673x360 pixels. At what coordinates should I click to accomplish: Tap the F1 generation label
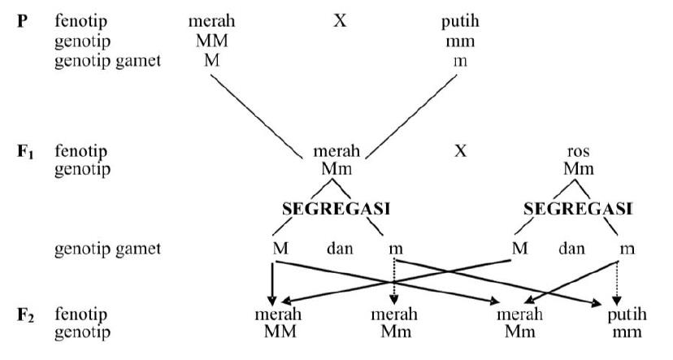coord(26,152)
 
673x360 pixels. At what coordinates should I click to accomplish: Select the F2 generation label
coord(26,314)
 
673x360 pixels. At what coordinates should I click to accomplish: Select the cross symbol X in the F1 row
coord(461,151)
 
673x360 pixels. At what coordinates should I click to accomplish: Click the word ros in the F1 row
coord(578,152)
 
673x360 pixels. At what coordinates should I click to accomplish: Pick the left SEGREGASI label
coord(336,208)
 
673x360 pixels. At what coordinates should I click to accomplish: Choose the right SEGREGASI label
coord(578,208)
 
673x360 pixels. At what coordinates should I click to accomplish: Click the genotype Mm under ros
coord(578,170)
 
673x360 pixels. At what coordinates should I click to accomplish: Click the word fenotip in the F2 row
coord(81,314)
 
